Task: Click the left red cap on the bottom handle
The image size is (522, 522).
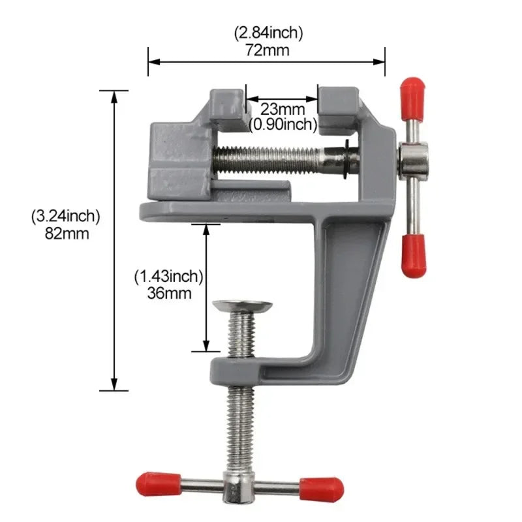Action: tap(153, 484)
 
